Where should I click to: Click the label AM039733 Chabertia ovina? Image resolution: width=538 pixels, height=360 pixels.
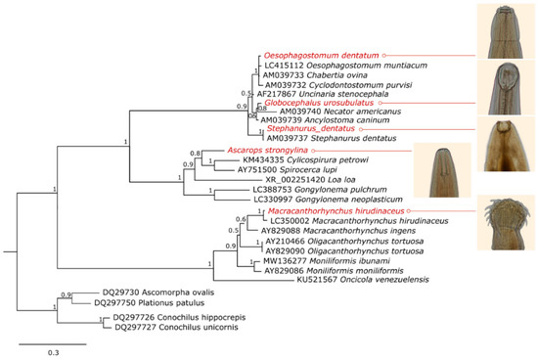click(x=308, y=74)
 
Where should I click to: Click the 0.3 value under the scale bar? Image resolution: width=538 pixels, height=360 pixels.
click(x=52, y=352)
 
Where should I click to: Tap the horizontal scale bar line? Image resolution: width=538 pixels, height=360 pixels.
click(x=52, y=343)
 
